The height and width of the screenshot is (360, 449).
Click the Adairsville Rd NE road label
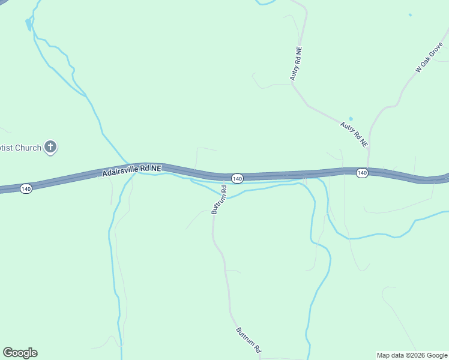(131, 170)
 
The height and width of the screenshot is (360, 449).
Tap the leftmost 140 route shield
(25, 188)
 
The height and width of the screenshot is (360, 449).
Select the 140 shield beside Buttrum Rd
(237, 179)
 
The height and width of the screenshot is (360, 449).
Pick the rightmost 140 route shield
(361, 173)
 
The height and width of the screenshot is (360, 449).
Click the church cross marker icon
(51, 146)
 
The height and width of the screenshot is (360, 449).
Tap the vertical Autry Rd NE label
(298, 65)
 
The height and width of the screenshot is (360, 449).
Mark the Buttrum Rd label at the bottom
(249, 340)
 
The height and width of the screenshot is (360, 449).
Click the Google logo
(20, 353)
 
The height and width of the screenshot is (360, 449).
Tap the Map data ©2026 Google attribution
(412, 355)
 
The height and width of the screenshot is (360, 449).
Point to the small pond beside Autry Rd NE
(351, 119)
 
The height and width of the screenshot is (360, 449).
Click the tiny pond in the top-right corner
(411, 15)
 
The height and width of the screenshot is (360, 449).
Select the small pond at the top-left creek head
(28, 24)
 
